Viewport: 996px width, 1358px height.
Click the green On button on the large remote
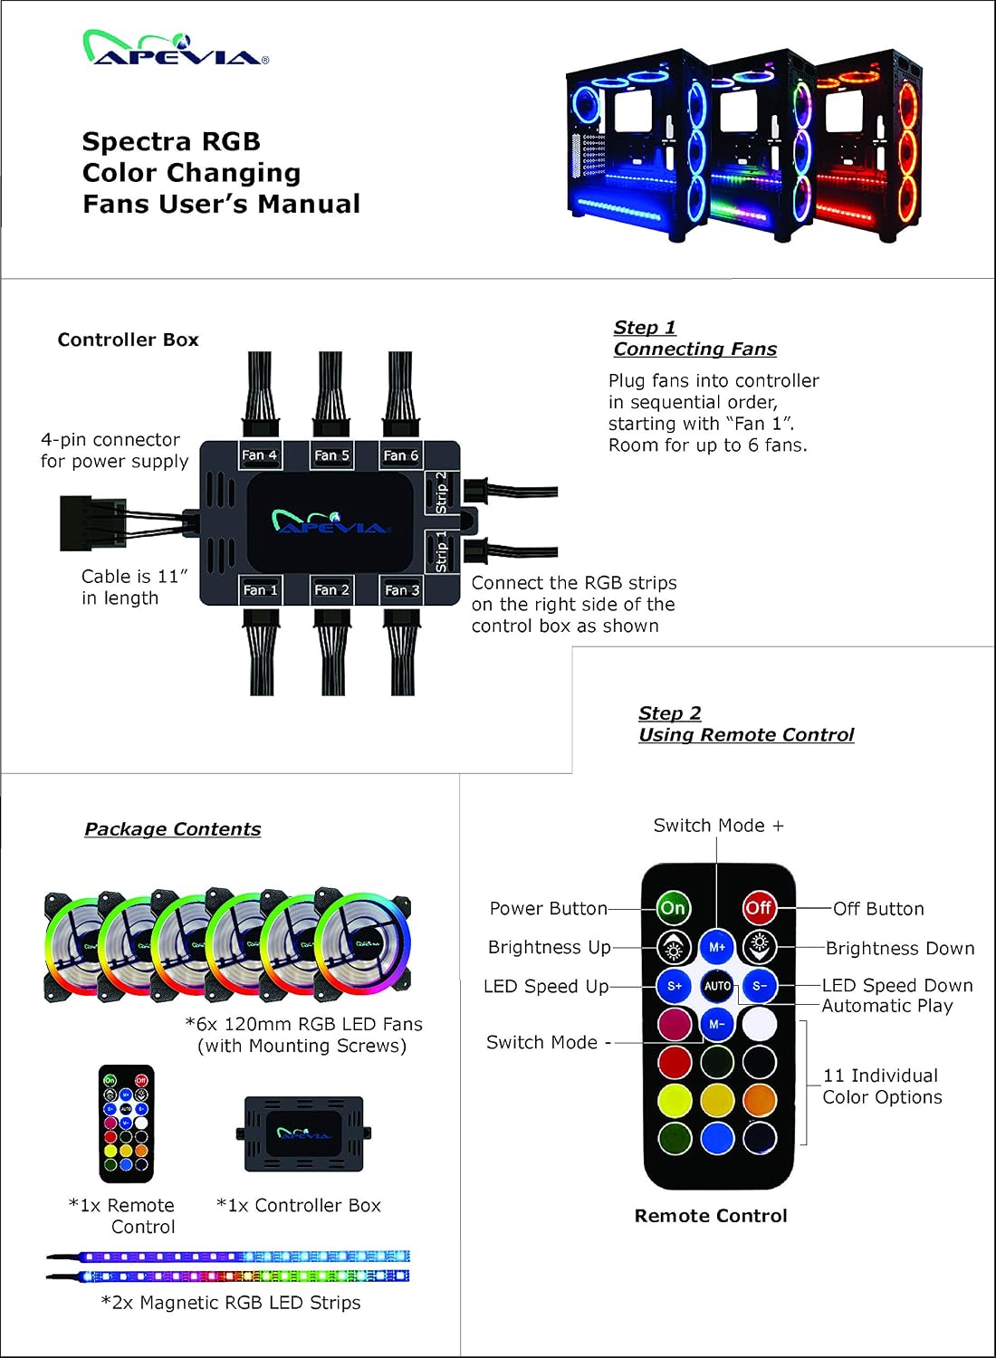[673, 907]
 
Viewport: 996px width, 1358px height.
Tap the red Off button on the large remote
[759, 907]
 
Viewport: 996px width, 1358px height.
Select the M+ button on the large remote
[716, 947]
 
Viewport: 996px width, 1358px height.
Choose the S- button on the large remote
[759, 986]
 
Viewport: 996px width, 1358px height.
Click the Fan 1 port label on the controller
[260, 590]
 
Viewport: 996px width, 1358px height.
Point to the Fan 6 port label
[401, 455]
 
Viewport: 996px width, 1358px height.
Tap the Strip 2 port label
[441, 493]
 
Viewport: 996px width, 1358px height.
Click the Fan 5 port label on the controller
[331, 455]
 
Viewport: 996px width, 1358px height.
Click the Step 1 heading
[645, 328]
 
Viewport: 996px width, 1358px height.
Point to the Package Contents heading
[173, 828]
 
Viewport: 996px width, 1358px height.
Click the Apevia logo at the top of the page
[176, 47]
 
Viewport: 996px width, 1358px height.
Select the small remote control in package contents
[126, 1124]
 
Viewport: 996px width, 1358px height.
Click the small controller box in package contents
[303, 1133]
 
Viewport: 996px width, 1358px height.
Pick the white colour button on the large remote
[759, 1025]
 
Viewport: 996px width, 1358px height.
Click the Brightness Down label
[900, 948]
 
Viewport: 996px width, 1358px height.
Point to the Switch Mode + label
[718, 826]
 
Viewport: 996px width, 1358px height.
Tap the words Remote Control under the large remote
[711, 1216]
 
